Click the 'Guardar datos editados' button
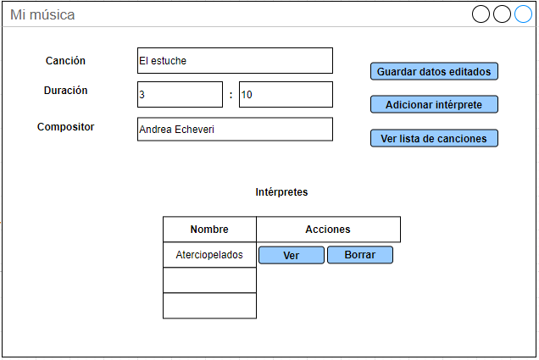pyautogui.click(x=434, y=71)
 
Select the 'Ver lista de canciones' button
pyautogui.click(x=434, y=138)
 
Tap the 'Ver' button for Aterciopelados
pyautogui.click(x=292, y=255)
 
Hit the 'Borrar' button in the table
pyautogui.click(x=360, y=255)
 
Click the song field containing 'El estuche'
pyautogui.click(x=235, y=60)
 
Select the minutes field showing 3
pyautogui.click(x=180, y=95)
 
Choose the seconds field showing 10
pyautogui.click(x=286, y=95)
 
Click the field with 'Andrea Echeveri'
pyautogui.click(x=235, y=129)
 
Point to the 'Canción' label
pyautogui.click(x=65, y=60)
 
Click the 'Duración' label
pyautogui.click(x=65, y=91)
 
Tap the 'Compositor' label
pyautogui.click(x=65, y=127)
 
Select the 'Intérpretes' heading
pyautogui.click(x=281, y=191)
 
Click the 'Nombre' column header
pyautogui.click(x=209, y=229)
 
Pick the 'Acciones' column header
pyautogui.click(x=328, y=229)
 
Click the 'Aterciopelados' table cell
pyautogui.click(x=209, y=255)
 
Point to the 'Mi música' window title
pyautogui.click(x=42, y=14)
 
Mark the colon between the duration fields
pyautogui.click(x=231, y=95)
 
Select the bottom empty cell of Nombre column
pyautogui.click(x=209, y=306)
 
